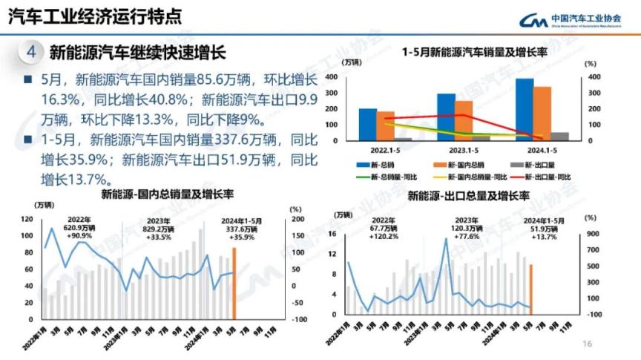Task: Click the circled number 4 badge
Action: click(x=30, y=53)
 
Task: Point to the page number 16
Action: click(x=588, y=343)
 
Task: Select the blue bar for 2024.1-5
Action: click(x=525, y=109)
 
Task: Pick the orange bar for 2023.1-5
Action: click(x=464, y=120)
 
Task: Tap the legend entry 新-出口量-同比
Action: click(x=548, y=177)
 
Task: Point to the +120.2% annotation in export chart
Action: click(x=384, y=237)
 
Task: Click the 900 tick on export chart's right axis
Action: click(x=591, y=234)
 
